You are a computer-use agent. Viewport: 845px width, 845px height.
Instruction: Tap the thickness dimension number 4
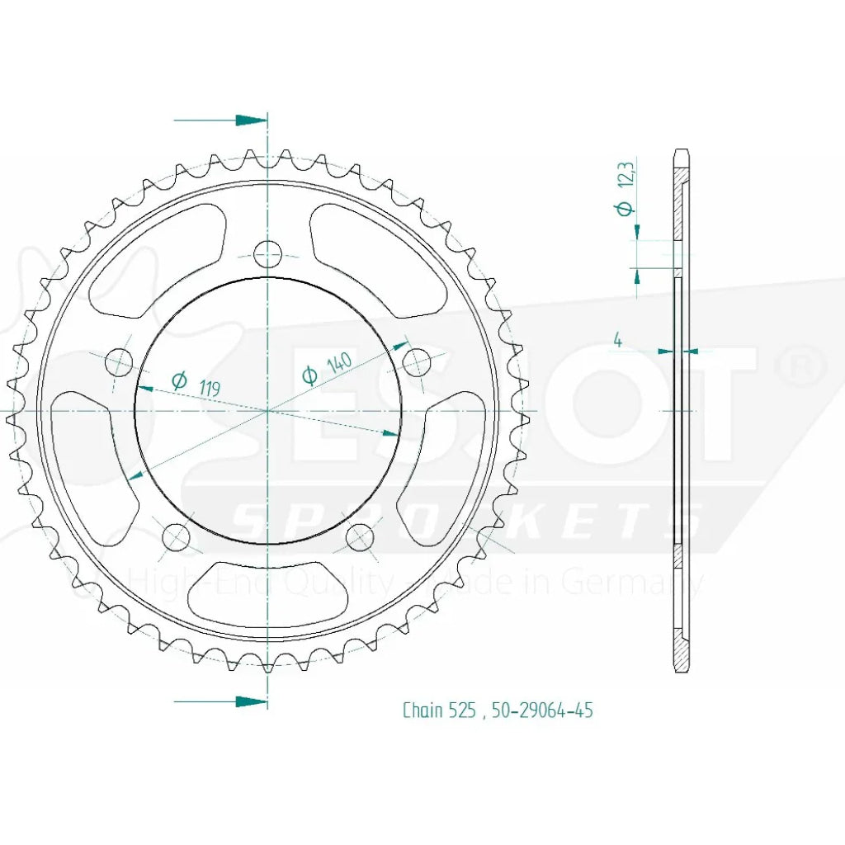point(616,340)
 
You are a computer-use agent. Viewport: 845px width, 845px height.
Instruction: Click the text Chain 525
point(438,710)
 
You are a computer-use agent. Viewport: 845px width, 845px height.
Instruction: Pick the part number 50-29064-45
point(541,710)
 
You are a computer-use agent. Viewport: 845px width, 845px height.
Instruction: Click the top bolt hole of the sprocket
point(267,254)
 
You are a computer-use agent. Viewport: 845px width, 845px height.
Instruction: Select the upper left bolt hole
point(120,361)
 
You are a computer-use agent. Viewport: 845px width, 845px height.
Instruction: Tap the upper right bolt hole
point(416,361)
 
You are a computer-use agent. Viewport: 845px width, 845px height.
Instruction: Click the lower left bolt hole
point(176,538)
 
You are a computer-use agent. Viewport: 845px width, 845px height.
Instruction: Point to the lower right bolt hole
point(359,538)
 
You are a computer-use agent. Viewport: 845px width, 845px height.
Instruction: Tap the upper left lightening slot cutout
point(153,264)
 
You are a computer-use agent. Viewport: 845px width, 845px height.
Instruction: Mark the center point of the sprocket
point(267,410)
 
